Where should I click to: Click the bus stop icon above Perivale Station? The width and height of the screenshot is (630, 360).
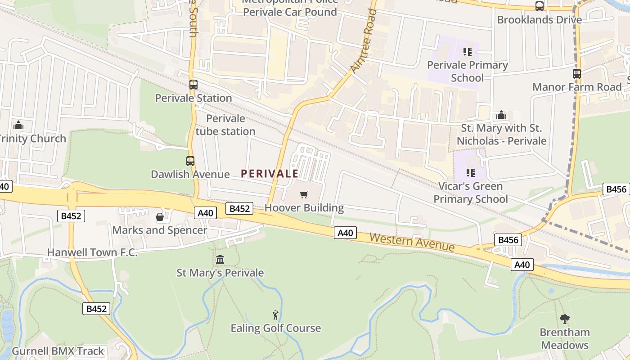pos(193,84)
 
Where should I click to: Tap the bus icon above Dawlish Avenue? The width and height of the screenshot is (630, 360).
pos(190,161)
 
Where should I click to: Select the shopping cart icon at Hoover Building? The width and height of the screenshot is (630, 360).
pos(304,194)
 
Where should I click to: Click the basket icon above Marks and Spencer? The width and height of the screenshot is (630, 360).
pos(159,217)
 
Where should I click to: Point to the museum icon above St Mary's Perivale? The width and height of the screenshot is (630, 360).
pos(220,259)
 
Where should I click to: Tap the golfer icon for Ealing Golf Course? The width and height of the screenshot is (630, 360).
pos(275,315)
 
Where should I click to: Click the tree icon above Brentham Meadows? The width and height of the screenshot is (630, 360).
pos(565,319)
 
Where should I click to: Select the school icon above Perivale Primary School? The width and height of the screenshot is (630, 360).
pos(467,52)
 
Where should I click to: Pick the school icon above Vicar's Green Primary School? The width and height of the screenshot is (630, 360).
pos(471,172)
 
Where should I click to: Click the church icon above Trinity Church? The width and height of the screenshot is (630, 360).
pos(18,125)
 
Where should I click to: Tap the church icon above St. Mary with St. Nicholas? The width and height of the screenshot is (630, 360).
pos(501,115)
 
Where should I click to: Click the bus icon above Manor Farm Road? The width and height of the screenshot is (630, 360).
pos(576,74)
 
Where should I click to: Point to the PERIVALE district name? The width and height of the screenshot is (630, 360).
pos(270,174)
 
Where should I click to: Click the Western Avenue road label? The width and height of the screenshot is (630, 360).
pos(412,242)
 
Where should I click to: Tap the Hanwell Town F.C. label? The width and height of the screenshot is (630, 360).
pos(92,252)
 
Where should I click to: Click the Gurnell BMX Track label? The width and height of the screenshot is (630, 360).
pos(58,351)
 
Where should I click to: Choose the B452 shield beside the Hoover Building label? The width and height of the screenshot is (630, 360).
pos(239,208)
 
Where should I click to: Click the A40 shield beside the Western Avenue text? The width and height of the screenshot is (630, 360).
pos(345,233)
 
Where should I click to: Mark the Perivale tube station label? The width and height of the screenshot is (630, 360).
pos(225,125)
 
